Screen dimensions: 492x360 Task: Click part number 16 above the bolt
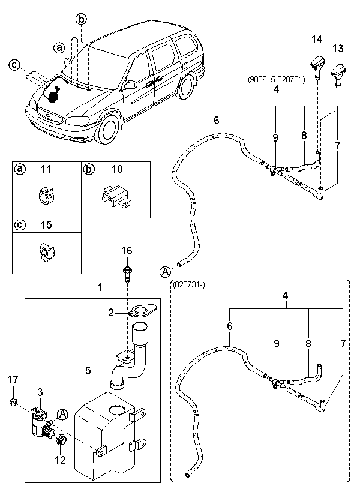click(127, 250)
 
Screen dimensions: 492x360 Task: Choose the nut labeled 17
click(13, 401)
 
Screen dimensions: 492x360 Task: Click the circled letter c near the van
click(14, 65)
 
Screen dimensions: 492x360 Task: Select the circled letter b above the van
click(81, 19)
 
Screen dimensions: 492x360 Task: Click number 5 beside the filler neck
click(88, 370)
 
